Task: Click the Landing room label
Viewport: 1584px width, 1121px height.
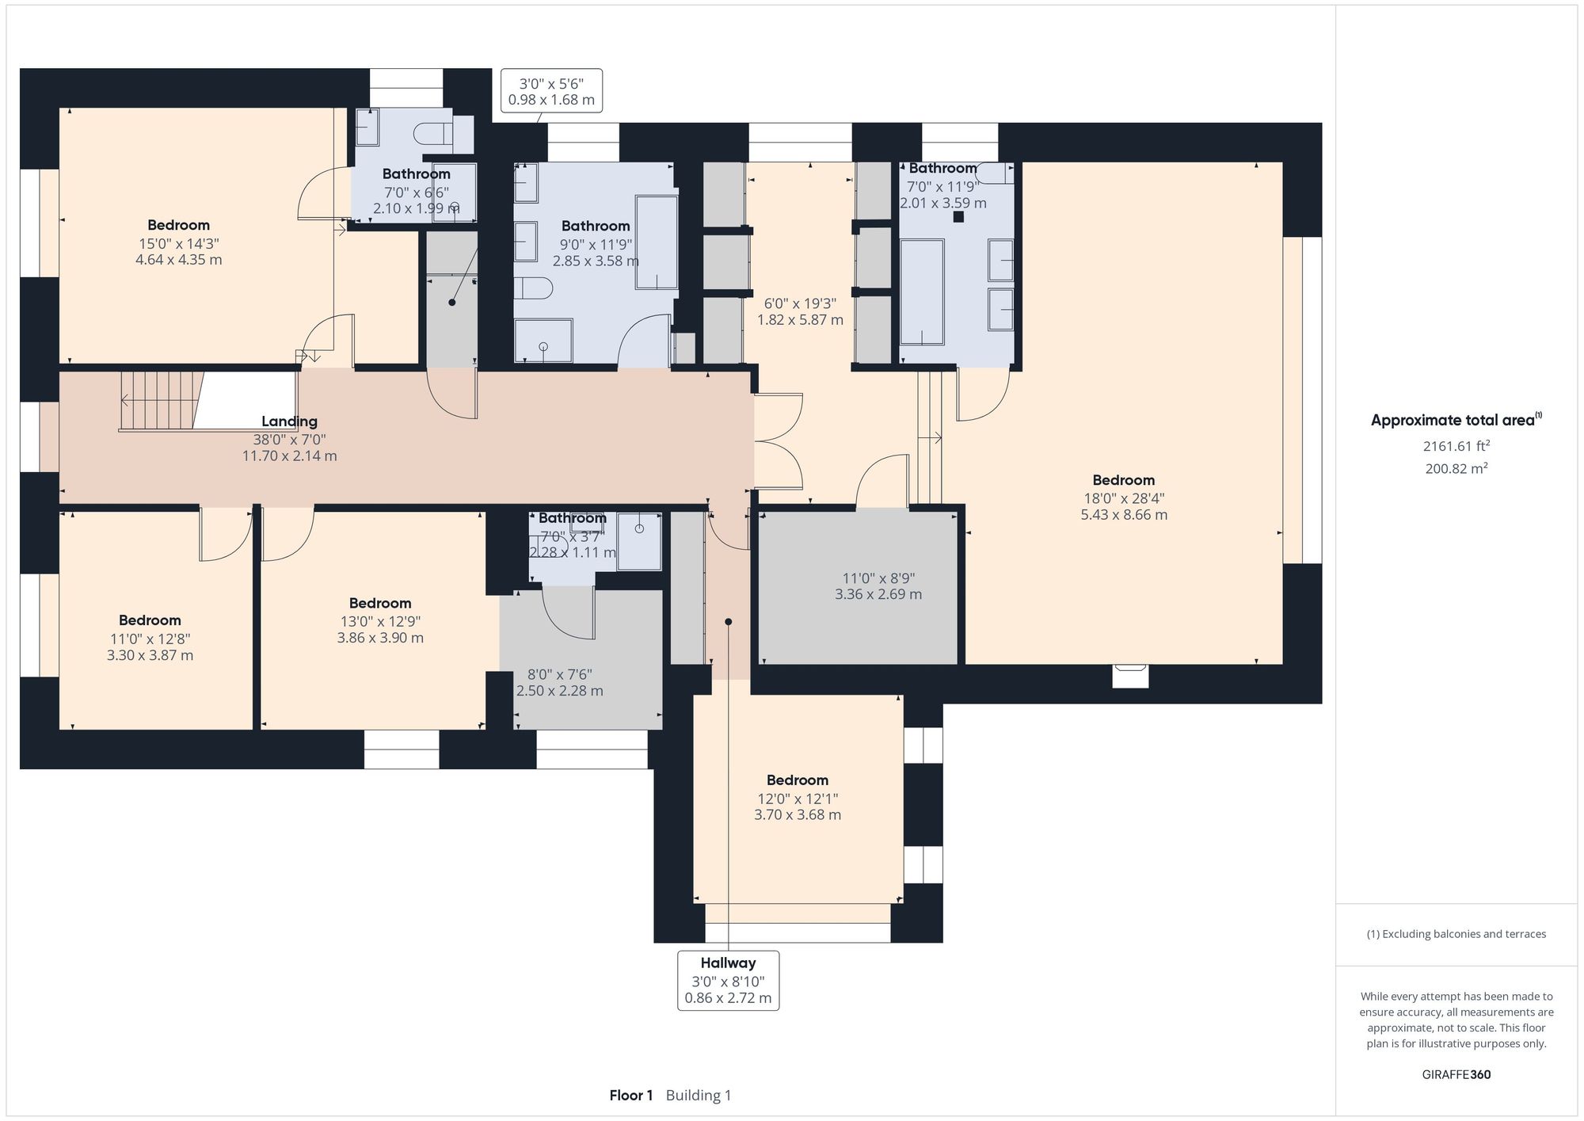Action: tap(289, 422)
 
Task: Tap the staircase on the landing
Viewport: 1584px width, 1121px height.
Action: tap(158, 401)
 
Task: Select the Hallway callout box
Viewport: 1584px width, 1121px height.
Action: tap(728, 981)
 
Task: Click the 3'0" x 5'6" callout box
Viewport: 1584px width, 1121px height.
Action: tap(551, 91)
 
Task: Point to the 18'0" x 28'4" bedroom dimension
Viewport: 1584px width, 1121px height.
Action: tap(1124, 506)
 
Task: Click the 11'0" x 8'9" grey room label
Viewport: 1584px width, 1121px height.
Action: tap(878, 586)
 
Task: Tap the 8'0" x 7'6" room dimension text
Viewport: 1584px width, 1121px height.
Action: tap(559, 682)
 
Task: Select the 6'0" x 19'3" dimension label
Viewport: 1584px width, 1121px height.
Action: tap(800, 311)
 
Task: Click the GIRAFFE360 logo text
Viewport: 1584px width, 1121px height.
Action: tap(1456, 1075)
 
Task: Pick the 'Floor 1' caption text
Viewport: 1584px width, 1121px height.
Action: tap(631, 1096)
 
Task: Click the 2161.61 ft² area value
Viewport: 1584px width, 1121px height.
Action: tap(1456, 446)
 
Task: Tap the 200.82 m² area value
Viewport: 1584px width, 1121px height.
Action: tap(1456, 468)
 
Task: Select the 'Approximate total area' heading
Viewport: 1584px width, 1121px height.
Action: tap(1456, 421)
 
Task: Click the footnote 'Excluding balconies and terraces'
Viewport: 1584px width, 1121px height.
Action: tap(1456, 934)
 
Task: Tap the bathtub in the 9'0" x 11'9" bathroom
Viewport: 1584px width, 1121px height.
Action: tap(657, 242)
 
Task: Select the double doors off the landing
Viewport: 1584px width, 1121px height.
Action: tap(778, 440)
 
